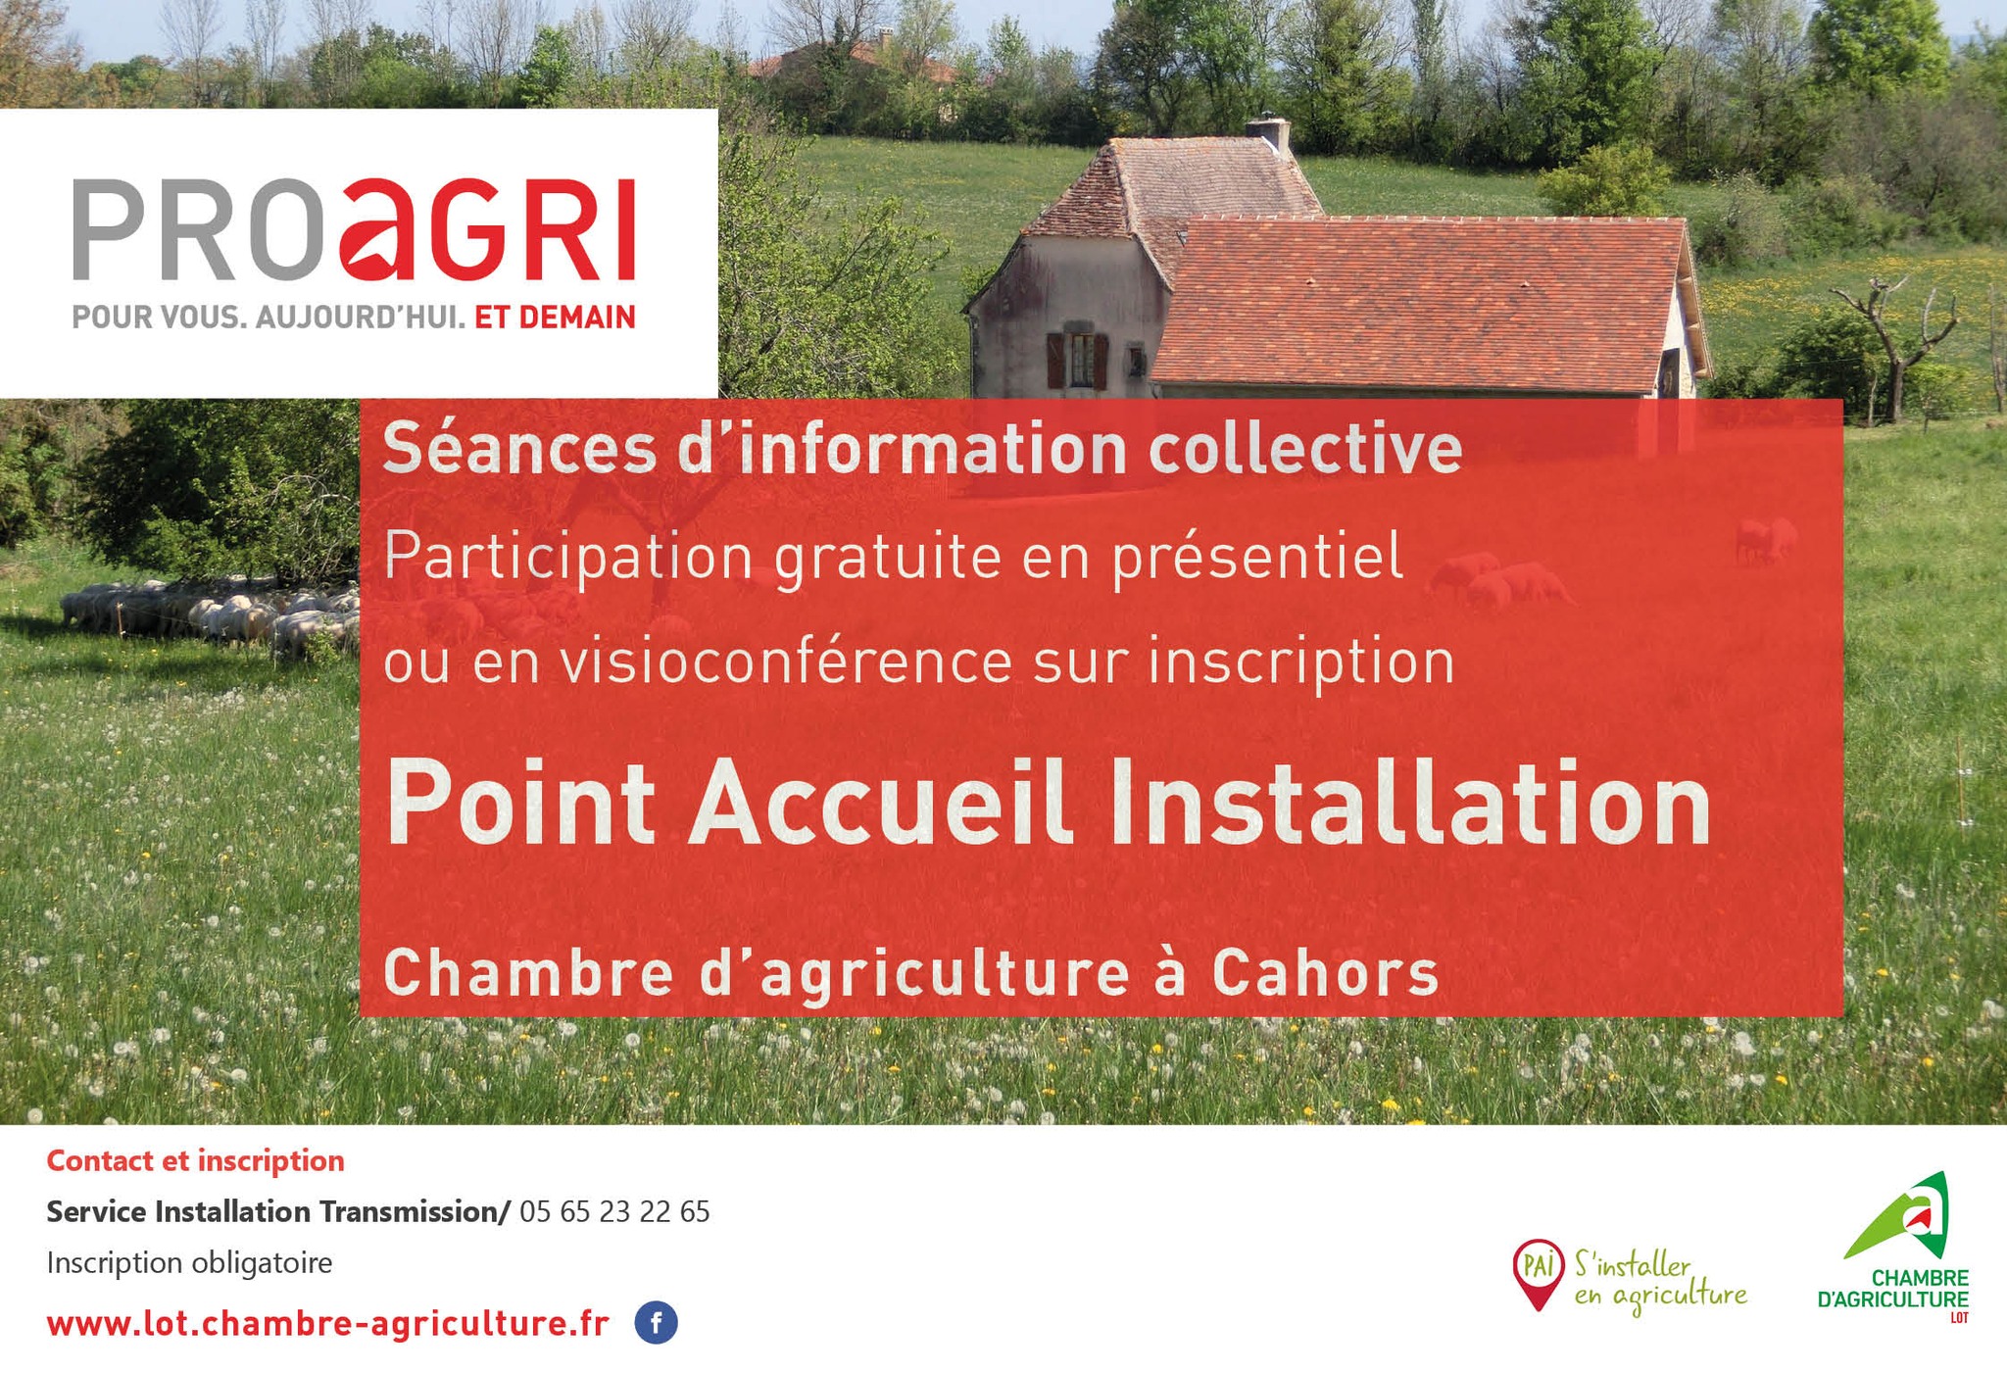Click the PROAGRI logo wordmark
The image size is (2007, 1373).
(354, 229)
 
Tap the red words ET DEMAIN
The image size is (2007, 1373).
(555, 318)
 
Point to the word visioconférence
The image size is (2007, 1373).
(786, 661)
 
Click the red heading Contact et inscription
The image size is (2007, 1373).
(196, 1160)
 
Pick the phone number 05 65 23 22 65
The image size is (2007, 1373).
(614, 1212)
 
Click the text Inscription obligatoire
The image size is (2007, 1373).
(189, 1263)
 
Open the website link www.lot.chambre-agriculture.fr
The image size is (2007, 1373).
(328, 1324)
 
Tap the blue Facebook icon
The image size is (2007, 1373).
(656, 1323)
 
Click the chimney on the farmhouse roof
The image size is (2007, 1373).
(1270, 135)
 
